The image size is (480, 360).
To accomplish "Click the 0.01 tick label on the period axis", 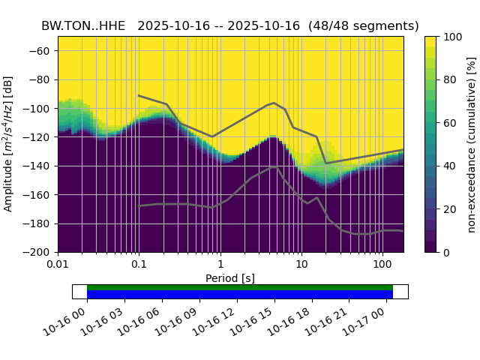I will [58, 265].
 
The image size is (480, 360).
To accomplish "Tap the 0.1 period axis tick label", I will [139, 265].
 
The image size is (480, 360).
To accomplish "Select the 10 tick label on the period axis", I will [301, 265].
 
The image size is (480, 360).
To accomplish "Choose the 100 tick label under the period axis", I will [382, 265].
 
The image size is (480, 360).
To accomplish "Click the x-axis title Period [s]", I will [230, 278].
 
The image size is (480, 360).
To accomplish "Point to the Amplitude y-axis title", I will [9, 144].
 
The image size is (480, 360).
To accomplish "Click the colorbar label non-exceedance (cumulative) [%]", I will [472, 144].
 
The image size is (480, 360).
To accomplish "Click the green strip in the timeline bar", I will [240, 287].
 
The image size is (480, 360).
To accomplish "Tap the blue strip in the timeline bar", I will [240, 294].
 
